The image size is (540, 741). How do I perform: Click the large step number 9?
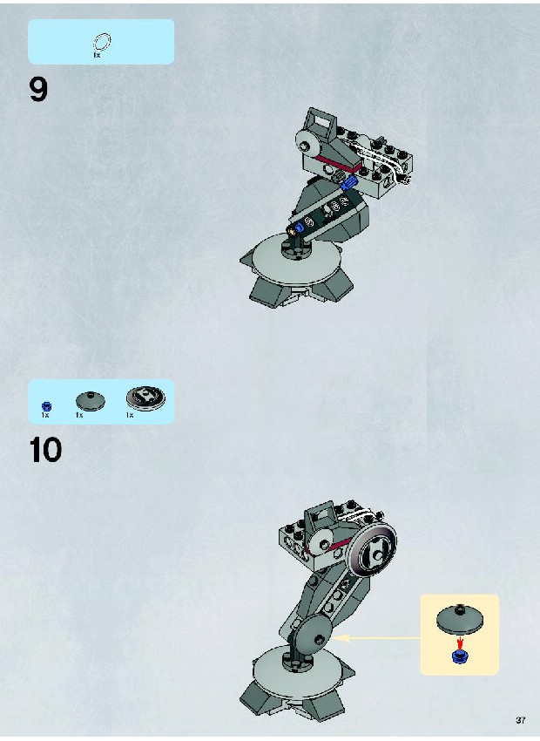point(38,89)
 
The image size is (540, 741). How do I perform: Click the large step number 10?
point(46,450)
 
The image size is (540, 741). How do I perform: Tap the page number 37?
point(521,721)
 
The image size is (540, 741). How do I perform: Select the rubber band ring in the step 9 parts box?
point(102,42)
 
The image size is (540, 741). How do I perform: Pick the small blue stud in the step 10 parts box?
point(46,406)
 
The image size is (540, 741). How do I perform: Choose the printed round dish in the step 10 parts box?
point(145,398)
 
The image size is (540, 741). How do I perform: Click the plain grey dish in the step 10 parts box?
point(91,401)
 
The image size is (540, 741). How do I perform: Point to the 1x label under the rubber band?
point(97,55)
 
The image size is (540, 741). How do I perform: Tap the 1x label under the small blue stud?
point(44,415)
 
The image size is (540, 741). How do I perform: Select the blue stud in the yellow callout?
point(459,656)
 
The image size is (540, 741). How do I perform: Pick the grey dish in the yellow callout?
point(460,619)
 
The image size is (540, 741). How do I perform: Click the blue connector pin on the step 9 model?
point(350,182)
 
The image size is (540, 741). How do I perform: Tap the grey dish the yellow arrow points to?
point(313,636)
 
